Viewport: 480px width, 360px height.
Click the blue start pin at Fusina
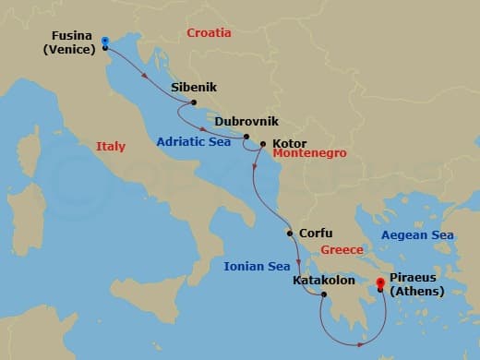pyautogui.click(x=105, y=42)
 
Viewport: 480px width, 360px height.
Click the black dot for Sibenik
pyautogui.click(x=194, y=103)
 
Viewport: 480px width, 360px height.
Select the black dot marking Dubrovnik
pyautogui.click(x=246, y=137)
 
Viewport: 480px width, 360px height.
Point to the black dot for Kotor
pyautogui.click(x=263, y=144)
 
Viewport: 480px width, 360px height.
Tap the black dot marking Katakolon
pyautogui.click(x=324, y=295)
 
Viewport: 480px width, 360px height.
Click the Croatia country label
pyautogui.click(x=209, y=33)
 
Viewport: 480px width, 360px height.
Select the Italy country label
pyautogui.click(x=110, y=146)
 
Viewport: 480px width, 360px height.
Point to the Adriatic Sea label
pyautogui.click(x=194, y=143)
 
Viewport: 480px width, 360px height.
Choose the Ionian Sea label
pyautogui.click(x=257, y=267)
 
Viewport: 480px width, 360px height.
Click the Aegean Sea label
pyautogui.click(x=418, y=235)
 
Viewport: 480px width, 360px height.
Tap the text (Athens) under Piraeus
pyautogui.click(x=416, y=292)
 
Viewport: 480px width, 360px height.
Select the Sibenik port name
pyautogui.click(x=194, y=88)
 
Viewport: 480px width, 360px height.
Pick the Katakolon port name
pyautogui.click(x=322, y=280)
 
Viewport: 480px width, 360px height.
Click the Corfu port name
pyautogui.click(x=316, y=234)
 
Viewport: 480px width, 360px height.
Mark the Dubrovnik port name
pyautogui.click(x=246, y=121)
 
